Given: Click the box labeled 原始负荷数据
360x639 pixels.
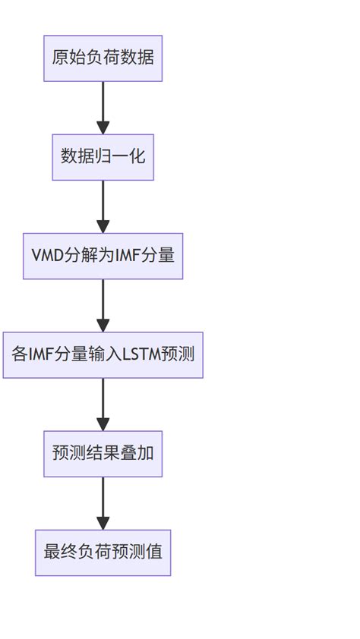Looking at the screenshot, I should point(103,58).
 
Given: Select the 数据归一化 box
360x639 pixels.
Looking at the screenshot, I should point(103,157).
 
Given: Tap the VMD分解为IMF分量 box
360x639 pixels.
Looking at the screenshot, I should point(103,256).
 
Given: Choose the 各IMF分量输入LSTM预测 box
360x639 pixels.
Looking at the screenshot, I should point(103,354).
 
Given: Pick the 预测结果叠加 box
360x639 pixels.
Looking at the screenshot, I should point(103,454).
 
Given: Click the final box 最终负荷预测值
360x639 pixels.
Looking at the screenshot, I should point(103,552).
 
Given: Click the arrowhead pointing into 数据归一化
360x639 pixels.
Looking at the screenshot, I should point(103,127).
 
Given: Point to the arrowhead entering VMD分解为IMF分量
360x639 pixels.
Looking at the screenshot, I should point(103,226).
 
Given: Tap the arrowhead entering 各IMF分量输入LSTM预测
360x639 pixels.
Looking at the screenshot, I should point(103,325).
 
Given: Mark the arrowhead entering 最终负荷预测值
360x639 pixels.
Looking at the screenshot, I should point(103,523).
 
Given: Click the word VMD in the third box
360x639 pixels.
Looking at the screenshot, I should point(46,256).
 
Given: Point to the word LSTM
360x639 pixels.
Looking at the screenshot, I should point(141,354).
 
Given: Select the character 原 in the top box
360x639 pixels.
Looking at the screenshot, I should point(60,58).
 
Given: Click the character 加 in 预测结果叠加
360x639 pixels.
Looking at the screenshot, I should point(146,454).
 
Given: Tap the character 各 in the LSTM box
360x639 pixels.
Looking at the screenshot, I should point(20,354).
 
